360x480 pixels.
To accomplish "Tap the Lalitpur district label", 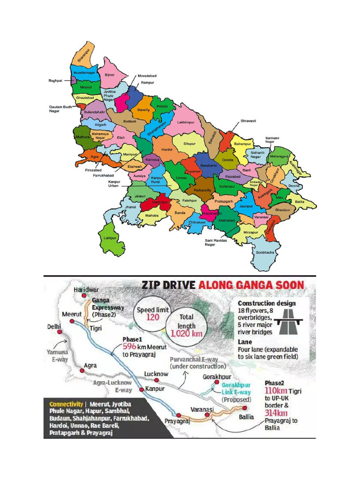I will [x=108, y=238].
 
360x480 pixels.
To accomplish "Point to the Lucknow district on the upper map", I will [x=193, y=172].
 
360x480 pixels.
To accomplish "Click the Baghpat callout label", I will [x=56, y=81].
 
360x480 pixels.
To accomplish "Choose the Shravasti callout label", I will [x=248, y=120].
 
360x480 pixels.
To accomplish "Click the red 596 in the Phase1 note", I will [x=129, y=346].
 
